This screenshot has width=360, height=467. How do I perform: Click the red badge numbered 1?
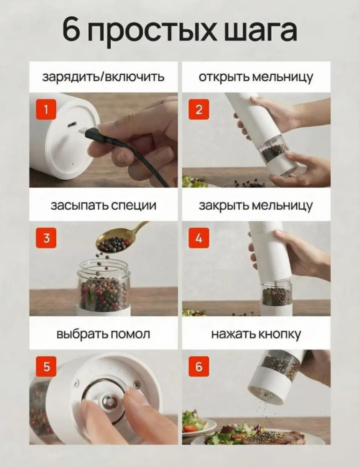[46, 110]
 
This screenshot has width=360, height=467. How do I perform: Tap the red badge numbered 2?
[199, 110]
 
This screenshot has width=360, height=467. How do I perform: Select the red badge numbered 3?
[46, 238]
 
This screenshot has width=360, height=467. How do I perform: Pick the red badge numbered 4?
[199, 238]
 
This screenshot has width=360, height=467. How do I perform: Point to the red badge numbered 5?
[46, 367]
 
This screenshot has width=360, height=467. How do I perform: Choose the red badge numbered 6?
[199, 367]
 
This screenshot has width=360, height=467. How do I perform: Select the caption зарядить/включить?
[103, 77]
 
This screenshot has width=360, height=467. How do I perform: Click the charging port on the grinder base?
[72, 125]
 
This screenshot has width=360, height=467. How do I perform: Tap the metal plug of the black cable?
[82, 132]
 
